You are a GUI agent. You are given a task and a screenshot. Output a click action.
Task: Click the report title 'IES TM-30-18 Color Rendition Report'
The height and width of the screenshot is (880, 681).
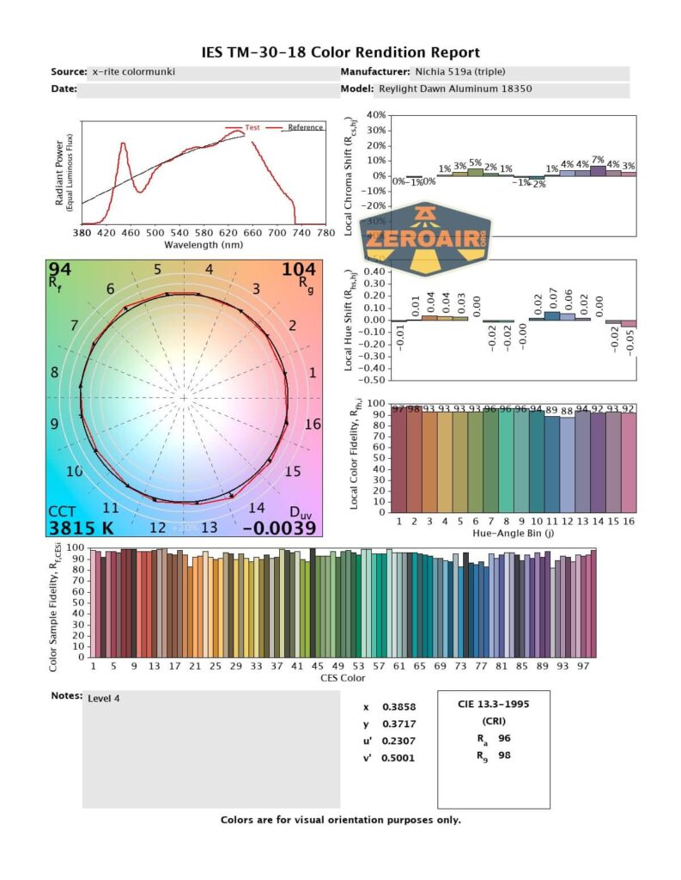(x=340, y=52)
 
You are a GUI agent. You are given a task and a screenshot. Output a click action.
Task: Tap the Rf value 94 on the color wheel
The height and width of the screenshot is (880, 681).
(x=60, y=270)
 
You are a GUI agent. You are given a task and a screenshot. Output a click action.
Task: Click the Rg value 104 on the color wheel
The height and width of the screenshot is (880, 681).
(x=299, y=270)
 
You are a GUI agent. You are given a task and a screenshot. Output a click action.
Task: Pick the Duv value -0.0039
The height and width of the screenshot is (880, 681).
(x=279, y=529)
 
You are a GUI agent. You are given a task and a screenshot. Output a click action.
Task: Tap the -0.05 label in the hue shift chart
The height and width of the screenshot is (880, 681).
(x=629, y=341)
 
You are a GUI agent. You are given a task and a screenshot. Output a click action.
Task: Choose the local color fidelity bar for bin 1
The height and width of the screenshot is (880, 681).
(x=399, y=460)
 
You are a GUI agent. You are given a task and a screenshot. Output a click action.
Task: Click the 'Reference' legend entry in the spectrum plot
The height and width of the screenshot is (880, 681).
(x=305, y=128)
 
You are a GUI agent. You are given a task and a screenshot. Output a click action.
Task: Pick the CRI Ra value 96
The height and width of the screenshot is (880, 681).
(x=505, y=738)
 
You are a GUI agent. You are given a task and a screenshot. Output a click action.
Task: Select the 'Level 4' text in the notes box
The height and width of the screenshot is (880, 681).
(x=104, y=699)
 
